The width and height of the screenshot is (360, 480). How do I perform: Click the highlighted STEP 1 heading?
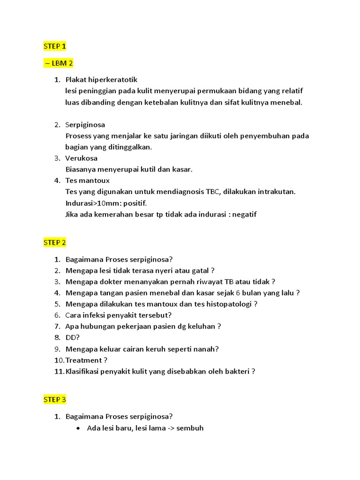click(55, 46)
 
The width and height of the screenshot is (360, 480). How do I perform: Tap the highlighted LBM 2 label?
click(59, 63)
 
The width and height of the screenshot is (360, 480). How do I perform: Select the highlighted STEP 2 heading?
click(55, 242)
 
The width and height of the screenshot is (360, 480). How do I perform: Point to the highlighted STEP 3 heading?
click(55, 399)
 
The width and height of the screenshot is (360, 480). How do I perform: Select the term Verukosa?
click(81, 158)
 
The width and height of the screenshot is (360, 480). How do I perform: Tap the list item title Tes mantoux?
click(87, 180)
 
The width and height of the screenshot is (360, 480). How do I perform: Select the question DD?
click(73, 337)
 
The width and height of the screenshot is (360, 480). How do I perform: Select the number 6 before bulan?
click(238, 293)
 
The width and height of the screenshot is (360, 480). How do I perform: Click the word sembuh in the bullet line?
click(190, 428)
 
